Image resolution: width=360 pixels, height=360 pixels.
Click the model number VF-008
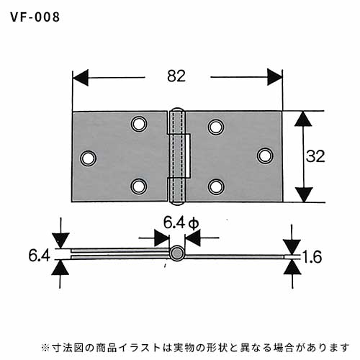[35, 17]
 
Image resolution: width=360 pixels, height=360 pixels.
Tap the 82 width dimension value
[176, 76]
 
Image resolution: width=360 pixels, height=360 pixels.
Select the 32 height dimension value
[315, 156]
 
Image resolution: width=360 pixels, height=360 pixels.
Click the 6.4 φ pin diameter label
[181, 223]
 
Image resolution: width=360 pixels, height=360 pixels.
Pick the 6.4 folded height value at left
[40, 256]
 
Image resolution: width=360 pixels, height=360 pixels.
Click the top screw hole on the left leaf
[139, 124]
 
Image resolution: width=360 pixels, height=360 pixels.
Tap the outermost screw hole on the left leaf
[89, 158]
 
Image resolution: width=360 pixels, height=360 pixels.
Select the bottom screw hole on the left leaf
[139, 186]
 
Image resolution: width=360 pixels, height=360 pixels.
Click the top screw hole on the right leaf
[216, 127]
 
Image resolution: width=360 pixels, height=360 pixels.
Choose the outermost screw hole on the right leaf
[265, 156]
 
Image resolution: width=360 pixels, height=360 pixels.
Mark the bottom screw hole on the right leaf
[216, 186]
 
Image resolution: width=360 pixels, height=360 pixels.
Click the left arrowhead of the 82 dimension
[81, 78]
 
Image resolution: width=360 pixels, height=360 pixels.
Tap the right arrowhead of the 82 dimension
[275, 77]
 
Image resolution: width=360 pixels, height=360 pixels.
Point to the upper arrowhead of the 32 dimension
[303, 119]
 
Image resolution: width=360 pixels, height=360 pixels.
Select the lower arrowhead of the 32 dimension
[304, 194]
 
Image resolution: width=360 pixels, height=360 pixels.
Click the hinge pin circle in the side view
[177, 253]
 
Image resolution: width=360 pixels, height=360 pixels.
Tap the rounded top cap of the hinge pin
[177, 109]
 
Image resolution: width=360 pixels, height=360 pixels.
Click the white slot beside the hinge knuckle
[189, 156]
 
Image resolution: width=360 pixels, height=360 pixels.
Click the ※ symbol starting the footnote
[45, 347]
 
